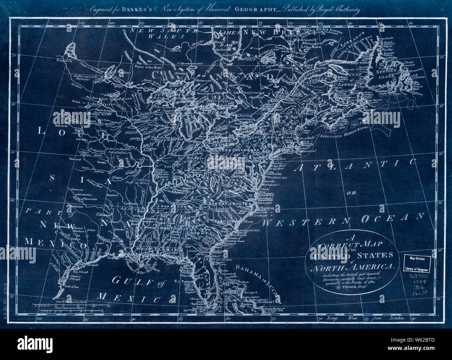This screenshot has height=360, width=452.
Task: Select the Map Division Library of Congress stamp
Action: [x=417, y=263]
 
